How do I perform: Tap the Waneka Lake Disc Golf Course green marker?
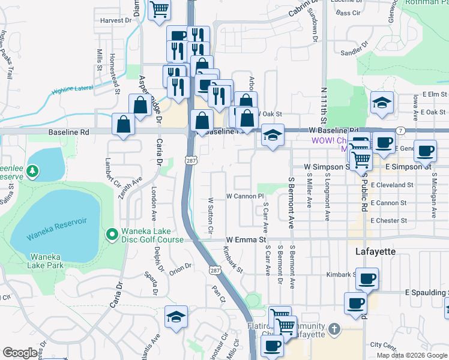(111, 235)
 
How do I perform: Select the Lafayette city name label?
(375, 251)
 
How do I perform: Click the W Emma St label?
(246, 239)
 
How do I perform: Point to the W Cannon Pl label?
(245, 196)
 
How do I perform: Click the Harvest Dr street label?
(116, 20)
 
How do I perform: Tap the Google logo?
(20, 353)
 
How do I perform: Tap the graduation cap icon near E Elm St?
(381, 101)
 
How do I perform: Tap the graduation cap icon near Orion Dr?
(176, 316)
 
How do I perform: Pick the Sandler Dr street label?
(353, 52)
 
